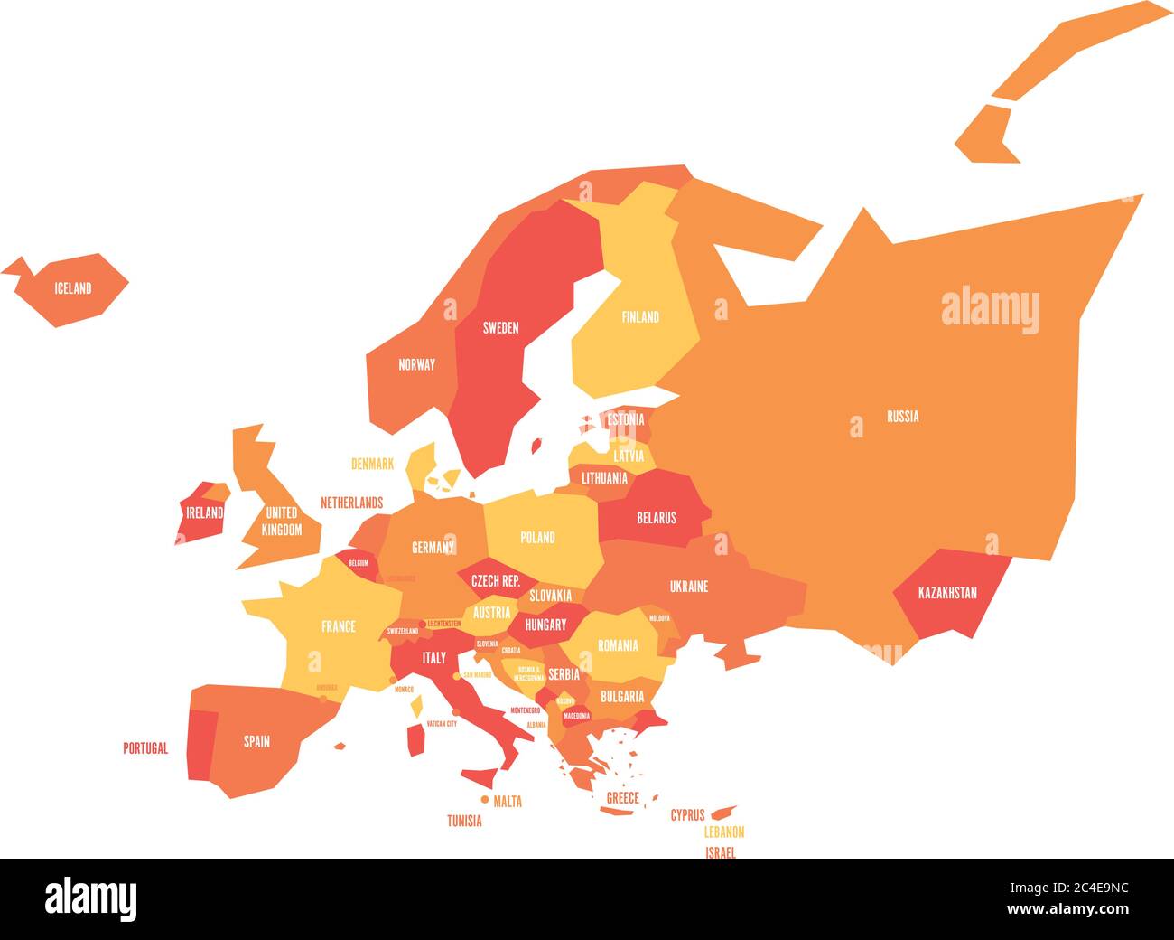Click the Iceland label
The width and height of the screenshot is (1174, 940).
tap(73, 289)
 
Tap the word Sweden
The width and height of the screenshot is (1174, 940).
tap(500, 328)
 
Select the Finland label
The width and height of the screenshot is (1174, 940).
tap(639, 317)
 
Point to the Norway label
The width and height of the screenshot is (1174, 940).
tap(416, 365)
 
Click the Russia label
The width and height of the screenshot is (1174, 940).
tap(902, 417)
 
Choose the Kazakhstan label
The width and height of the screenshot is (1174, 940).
tap(947, 594)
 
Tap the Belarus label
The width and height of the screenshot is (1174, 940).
tap(657, 518)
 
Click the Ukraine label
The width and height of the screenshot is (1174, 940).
tap(689, 587)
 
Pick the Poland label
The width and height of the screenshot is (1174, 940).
tap(537, 537)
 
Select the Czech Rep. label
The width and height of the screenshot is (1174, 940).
tap(496, 582)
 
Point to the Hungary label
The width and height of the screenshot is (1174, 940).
tap(545, 625)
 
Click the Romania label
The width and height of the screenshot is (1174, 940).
tap(618, 645)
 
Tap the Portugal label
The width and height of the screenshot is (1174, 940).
tap(145, 748)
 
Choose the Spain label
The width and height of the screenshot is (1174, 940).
tap(256, 742)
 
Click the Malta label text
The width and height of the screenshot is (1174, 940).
tap(508, 801)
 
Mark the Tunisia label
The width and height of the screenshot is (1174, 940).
tap(464, 822)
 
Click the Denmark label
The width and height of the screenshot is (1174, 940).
tap(372, 464)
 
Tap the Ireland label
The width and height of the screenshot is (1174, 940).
tap(204, 512)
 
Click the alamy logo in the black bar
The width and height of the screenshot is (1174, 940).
tap(91, 898)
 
